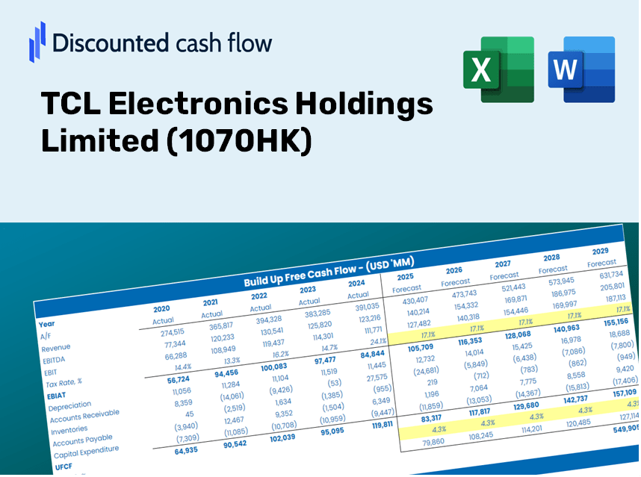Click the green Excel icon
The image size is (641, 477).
tap(498, 69)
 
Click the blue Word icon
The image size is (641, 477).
tap(580, 69)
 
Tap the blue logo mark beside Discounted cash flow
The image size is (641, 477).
tap(37, 42)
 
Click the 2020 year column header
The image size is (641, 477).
tap(161, 308)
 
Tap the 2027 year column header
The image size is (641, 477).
tap(503, 264)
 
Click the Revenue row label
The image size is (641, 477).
tap(56, 348)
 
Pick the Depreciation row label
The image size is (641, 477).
tap(69, 407)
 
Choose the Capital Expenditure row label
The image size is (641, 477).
tap(86, 452)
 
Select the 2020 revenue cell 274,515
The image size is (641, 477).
tap(167, 333)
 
